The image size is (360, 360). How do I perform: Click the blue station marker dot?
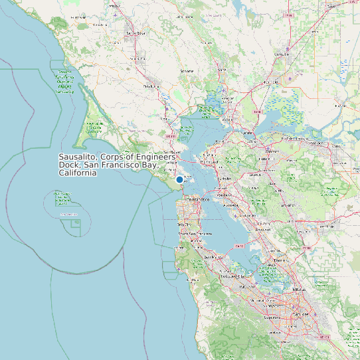coord(179,179)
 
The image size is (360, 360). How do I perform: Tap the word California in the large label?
coord(78,173)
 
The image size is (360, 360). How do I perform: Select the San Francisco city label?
coord(197,199)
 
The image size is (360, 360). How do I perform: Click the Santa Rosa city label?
coord(135,33)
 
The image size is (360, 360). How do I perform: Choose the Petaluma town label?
coord(151,86)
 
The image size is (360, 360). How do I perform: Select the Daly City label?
coord(184,225)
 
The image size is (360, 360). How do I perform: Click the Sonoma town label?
coord(187,70)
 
